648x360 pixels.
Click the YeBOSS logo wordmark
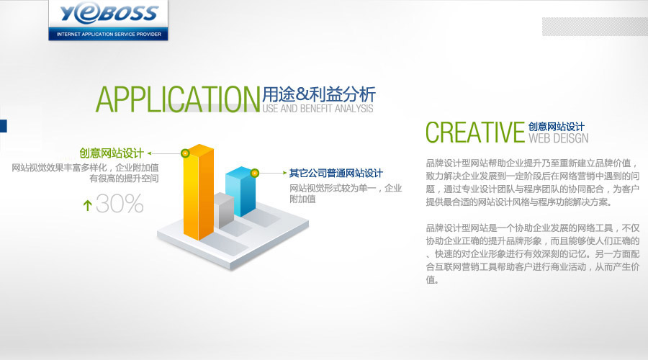tap(109, 14)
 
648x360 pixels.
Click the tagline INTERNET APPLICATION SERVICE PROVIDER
tap(109, 35)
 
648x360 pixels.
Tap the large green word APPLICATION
tap(178, 99)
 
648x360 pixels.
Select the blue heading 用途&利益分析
tap(319, 94)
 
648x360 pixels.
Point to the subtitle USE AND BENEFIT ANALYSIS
tap(318, 109)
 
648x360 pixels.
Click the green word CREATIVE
tap(475, 132)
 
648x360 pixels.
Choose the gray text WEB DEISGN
tap(558, 138)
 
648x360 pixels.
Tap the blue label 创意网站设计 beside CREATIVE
tap(557, 127)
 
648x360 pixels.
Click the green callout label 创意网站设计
tap(112, 153)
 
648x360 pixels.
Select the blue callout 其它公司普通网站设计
tap(336, 174)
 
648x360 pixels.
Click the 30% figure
tap(120, 203)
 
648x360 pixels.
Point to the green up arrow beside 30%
tap(87, 205)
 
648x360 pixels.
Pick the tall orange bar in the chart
tap(199, 192)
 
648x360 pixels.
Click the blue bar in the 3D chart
tap(241, 192)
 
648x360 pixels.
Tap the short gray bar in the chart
tap(224, 210)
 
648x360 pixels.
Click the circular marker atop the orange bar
tap(185, 153)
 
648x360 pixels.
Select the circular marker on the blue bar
tap(255, 174)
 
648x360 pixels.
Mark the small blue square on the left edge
tap(4, 126)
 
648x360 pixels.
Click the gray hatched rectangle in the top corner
tap(595, 27)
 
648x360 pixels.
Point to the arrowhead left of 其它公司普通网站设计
tap(284, 173)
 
